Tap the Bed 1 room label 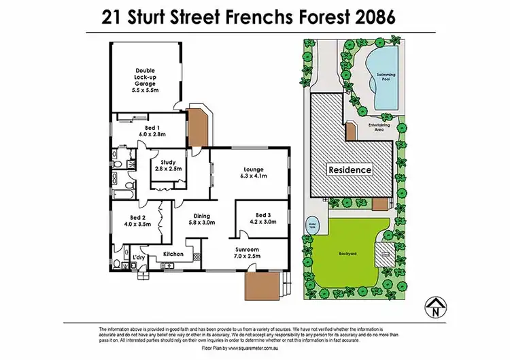pyautogui.click(x=152, y=131)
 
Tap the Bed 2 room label pyautogui.click(x=137, y=220)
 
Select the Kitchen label pyautogui.click(x=174, y=255)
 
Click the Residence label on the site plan pyautogui.click(x=350, y=169)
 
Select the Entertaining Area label pyautogui.click(x=378, y=127)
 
